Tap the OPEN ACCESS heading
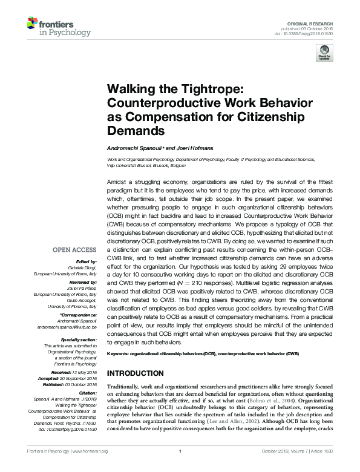click(x=74, y=249)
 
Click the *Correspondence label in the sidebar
click(x=78, y=315)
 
